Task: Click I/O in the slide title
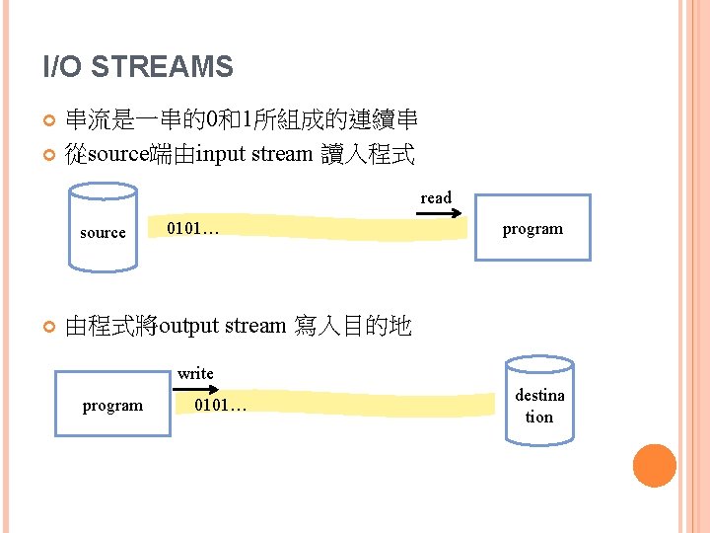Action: tap(64, 67)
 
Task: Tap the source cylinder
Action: tap(103, 229)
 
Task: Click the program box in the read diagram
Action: tap(532, 228)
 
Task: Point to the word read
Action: tap(436, 197)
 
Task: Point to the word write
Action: tap(195, 373)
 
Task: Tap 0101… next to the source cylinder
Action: tap(193, 229)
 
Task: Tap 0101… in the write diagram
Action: tap(221, 406)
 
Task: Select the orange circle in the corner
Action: tap(654, 466)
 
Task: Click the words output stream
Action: tap(222, 326)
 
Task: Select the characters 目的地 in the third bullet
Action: tap(377, 326)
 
